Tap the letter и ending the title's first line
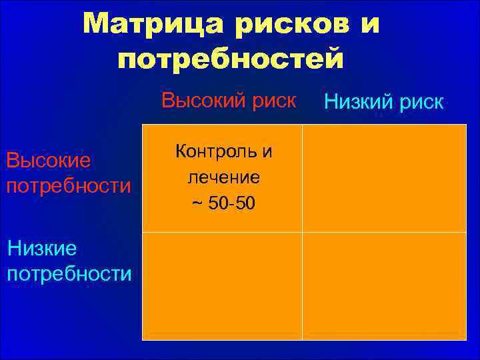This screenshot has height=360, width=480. click(x=371, y=25)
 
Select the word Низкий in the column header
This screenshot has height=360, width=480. click(x=359, y=102)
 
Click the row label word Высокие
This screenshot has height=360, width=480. click(x=49, y=161)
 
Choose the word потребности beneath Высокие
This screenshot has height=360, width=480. click(x=69, y=185)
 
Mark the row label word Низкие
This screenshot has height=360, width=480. click(x=42, y=249)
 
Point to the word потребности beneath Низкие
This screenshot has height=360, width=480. click(x=69, y=274)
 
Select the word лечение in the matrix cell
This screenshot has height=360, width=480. click(x=223, y=177)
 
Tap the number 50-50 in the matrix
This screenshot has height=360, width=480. click(x=229, y=202)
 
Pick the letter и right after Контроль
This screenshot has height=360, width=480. click(x=267, y=151)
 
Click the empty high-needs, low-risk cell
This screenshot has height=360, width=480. click(x=384, y=178)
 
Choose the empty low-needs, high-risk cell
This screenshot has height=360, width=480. click(x=223, y=286)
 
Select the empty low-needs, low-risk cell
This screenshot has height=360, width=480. click(x=384, y=286)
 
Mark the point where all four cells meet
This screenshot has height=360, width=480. click(x=302, y=232)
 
